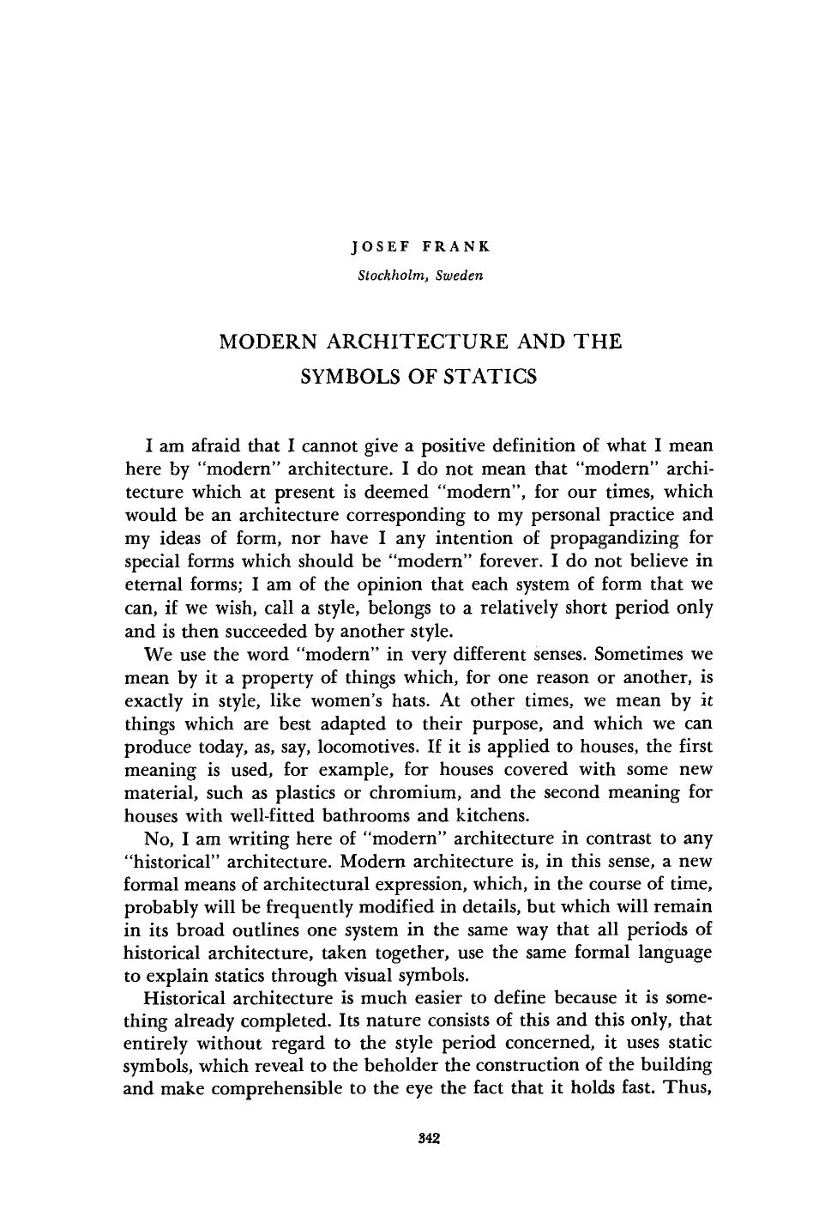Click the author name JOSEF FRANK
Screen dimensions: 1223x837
pos(420,247)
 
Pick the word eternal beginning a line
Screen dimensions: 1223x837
pos(154,584)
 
